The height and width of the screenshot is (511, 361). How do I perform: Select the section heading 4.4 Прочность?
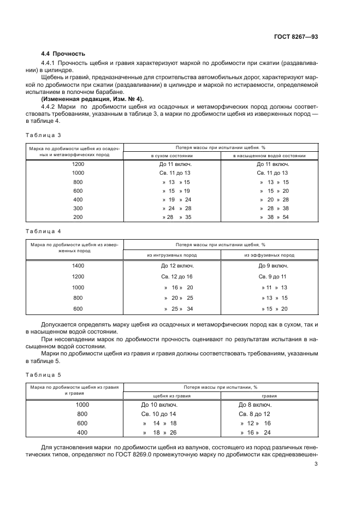point(63,54)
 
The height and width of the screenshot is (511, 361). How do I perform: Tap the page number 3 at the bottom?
point(316,465)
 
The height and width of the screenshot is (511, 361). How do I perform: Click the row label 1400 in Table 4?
point(78,266)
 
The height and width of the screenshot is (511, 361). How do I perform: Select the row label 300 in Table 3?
point(78,208)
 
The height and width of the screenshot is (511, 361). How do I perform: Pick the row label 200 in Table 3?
point(78,217)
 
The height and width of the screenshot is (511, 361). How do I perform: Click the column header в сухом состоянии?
point(172,156)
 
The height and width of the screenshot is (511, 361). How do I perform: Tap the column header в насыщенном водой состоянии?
point(269,156)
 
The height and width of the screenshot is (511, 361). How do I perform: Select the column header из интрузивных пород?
point(172,255)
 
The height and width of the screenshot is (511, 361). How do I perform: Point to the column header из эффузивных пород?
point(269,255)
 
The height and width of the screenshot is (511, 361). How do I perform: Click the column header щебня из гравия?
point(172,396)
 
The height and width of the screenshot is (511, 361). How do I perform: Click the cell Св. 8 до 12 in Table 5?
point(255,414)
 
